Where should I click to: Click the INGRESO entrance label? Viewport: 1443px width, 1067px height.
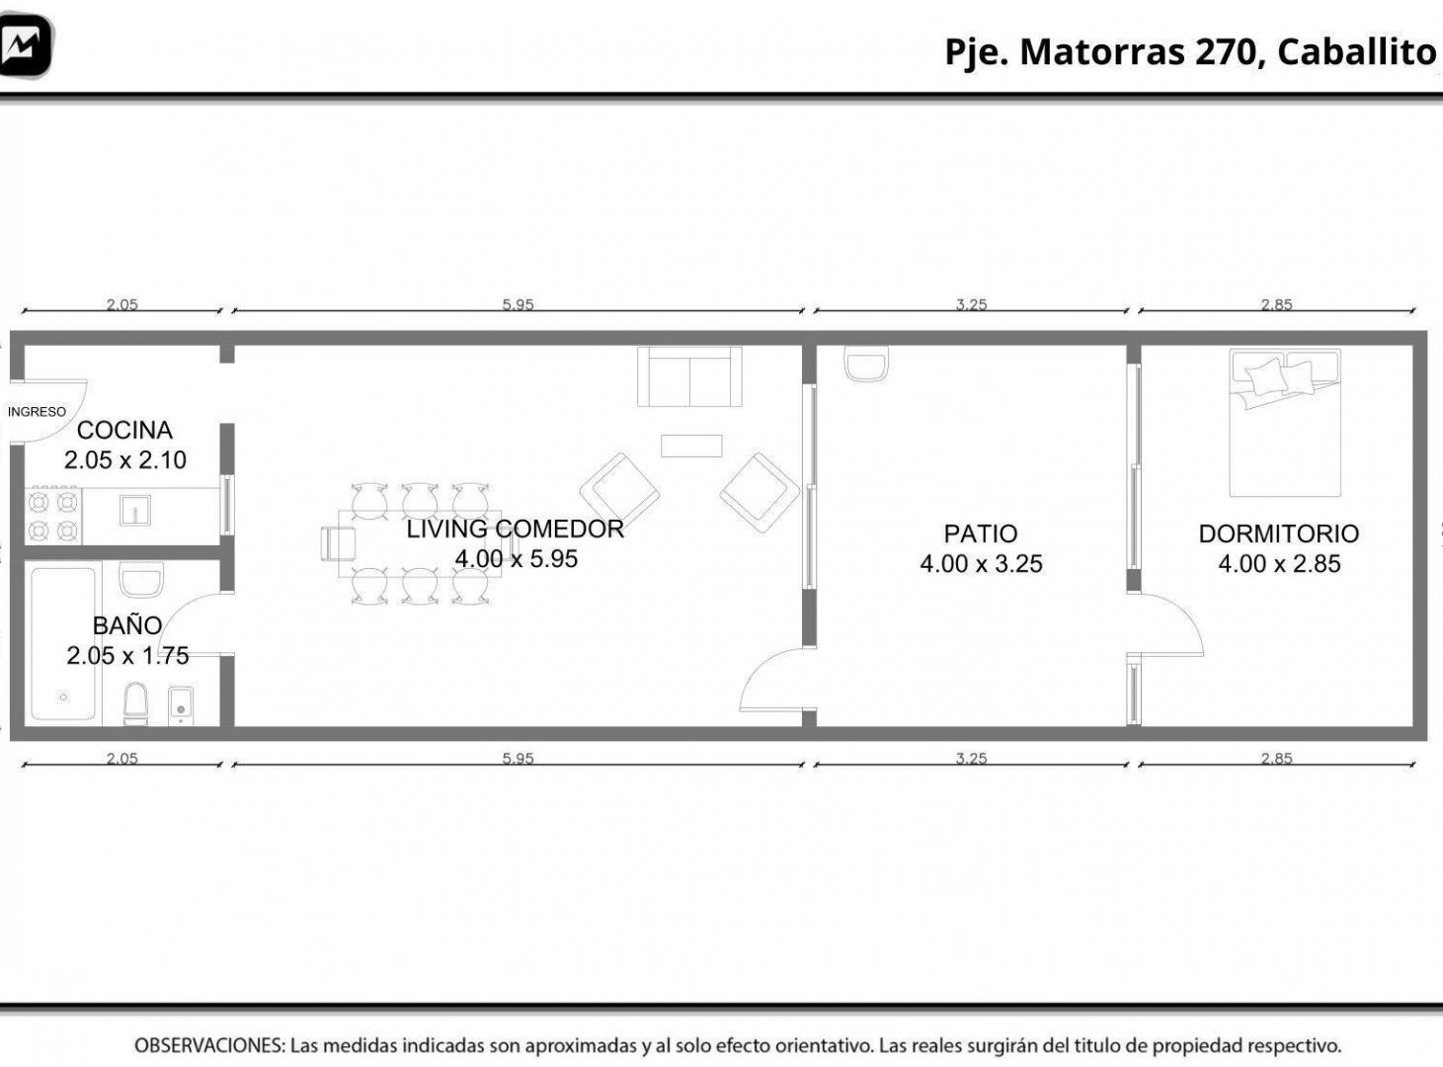click(x=37, y=411)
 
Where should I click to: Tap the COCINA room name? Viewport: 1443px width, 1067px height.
click(x=124, y=430)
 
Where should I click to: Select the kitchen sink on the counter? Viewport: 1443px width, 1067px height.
click(x=135, y=510)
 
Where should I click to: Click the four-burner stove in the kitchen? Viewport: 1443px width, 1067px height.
click(x=53, y=516)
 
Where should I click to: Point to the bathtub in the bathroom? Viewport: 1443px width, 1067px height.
click(x=63, y=643)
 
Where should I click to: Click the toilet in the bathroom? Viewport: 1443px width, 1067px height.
click(x=135, y=703)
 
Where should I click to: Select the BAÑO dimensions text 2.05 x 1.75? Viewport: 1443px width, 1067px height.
click(x=127, y=655)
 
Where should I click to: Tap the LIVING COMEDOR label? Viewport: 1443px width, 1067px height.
click(x=516, y=529)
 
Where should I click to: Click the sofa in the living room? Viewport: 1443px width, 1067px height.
click(x=689, y=376)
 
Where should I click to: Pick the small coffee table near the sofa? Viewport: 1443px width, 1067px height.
click(x=691, y=446)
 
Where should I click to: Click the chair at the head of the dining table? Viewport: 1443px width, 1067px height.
click(x=338, y=543)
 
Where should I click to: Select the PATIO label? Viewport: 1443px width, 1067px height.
click(x=981, y=533)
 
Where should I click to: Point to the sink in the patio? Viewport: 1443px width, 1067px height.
click(x=866, y=363)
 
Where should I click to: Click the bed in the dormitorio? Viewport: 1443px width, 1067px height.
click(x=1285, y=423)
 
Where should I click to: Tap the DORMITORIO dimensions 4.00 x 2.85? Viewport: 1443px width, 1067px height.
click(x=1279, y=564)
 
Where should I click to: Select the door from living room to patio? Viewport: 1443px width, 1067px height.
click(x=772, y=679)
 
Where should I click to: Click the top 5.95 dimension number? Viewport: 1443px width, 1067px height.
click(x=518, y=304)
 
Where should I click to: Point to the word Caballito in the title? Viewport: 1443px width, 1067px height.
click(x=1356, y=52)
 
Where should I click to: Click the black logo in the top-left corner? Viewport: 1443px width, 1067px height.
click(x=26, y=45)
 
